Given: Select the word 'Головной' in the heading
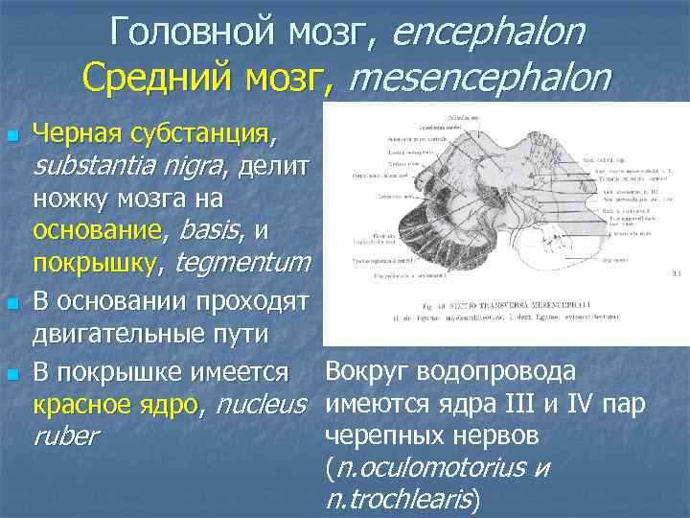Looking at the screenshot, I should pyautogui.click(x=191, y=34).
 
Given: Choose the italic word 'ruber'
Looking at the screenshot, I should pyautogui.click(x=64, y=436).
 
